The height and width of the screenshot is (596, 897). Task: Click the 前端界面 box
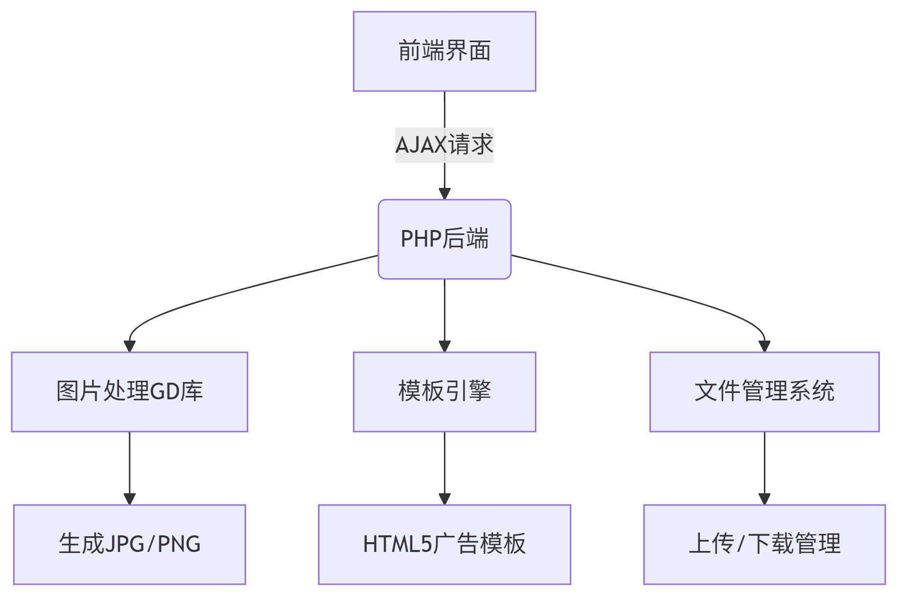pyautogui.click(x=444, y=51)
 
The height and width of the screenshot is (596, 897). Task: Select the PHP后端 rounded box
pyautogui.click(x=444, y=239)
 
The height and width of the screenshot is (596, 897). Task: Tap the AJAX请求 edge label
pyautogui.click(x=444, y=145)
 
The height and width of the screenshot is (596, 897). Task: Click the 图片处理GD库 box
pyautogui.click(x=130, y=391)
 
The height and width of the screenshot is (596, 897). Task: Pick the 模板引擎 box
pyautogui.click(x=444, y=391)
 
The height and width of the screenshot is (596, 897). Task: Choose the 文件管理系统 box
pyautogui.click(x=764, y=391)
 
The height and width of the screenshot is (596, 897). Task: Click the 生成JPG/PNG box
pyautogui.click(x=130, y=544)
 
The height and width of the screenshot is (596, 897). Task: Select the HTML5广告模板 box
pyautogui.click(x=444, y=544)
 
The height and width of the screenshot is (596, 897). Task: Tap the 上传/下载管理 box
pyautogui.click(x=764, y=544)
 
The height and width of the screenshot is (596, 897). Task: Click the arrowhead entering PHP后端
pyautogui.click(x=444, y=194)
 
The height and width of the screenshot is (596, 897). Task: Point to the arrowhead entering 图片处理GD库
pyautogui.click(x=130, y=346)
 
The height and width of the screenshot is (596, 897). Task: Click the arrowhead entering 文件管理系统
pyautogui.click(x=764, y=346)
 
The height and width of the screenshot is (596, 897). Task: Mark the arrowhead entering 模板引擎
pyautogui.click(x=444, y=346)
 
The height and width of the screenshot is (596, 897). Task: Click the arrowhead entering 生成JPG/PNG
pyautogui.click(x=130, y=499)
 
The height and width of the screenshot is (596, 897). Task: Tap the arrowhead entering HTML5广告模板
pyautogui.click(x=444, y=499)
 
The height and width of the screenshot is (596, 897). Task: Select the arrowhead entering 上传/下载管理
pyautogui.click(x=764, y=499)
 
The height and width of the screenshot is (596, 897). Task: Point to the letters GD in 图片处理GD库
pyautogui.click(x=164, y=391)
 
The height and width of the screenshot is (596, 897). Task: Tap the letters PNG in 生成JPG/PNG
pyautogui.click(x=179, y=544)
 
